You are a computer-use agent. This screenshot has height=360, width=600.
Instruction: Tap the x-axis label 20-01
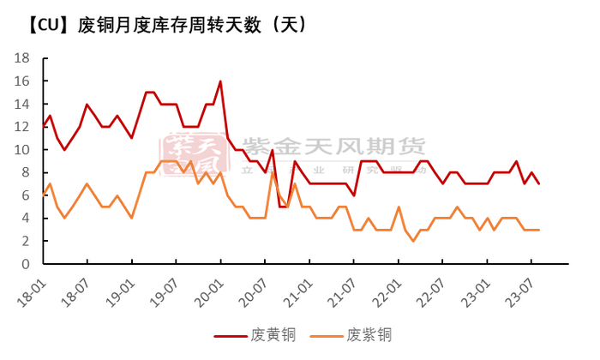click(214, 286)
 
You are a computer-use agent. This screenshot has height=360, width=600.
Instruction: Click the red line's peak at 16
click(220, 81)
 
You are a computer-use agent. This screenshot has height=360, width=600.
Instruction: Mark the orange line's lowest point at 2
click(413, 241)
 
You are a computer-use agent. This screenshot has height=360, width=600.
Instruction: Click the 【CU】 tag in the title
click(45, 25)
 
